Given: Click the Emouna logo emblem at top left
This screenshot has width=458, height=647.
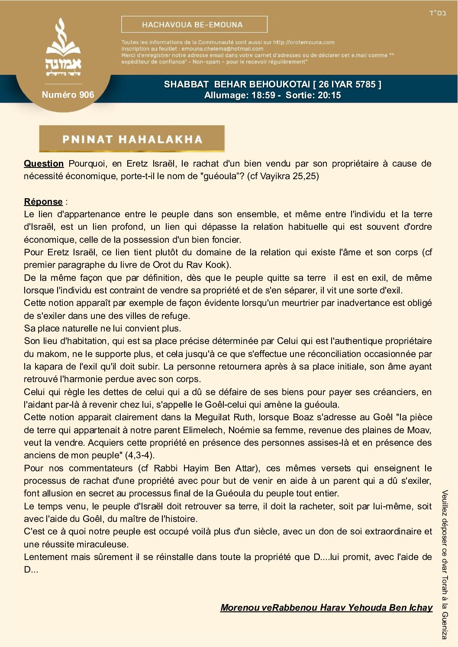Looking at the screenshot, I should coord(63,48).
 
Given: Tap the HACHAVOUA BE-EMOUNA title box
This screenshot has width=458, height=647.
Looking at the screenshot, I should coord(194,25).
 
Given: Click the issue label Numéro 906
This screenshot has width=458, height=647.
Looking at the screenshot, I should coord(68,95).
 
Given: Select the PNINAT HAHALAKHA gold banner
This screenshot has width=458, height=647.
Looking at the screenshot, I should coord(132,139).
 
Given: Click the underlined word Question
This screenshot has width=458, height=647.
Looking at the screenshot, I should coord(44,164).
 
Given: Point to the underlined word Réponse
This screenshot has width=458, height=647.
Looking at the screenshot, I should coord(43,202).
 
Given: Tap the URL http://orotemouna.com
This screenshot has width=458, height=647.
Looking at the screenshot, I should coord(303,42).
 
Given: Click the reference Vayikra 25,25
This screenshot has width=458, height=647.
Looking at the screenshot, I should coord(288,176).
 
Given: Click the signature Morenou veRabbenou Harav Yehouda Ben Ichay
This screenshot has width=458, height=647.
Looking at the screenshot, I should coord(326,608).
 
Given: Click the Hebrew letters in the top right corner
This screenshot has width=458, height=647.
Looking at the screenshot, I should coord(437,13).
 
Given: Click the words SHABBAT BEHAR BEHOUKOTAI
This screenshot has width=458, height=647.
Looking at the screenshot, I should coord(237,84).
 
